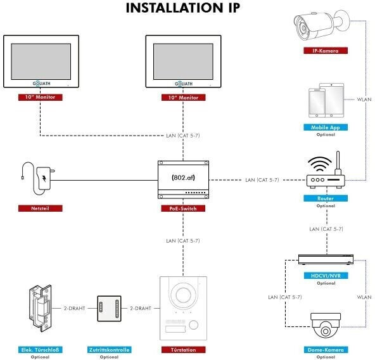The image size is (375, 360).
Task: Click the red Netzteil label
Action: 40,209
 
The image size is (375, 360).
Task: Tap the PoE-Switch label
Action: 183,209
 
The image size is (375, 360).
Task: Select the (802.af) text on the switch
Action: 183,177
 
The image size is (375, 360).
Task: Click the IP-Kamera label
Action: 326,51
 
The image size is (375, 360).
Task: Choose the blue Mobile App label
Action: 326,127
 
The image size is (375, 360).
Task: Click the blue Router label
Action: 326,198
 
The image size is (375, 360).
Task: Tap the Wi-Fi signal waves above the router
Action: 320,164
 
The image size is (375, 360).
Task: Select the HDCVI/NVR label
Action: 326,276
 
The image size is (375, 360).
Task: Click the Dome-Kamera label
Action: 326,350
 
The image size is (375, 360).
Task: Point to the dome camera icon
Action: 326,326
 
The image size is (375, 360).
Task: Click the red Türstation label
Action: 183,350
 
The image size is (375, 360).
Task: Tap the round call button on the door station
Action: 193,325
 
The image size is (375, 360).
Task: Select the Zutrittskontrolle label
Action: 110,350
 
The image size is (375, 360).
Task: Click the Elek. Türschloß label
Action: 40,350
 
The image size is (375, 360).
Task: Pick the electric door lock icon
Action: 40,308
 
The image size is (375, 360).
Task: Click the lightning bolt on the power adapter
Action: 44,178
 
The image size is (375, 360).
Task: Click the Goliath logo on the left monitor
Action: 41,84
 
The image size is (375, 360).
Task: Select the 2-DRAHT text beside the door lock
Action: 74,308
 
